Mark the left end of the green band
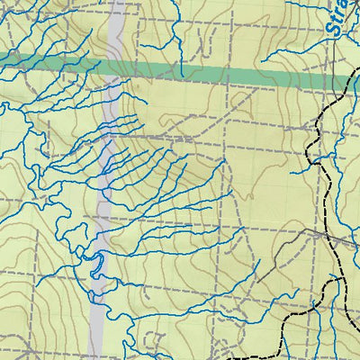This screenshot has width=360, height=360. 3,59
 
